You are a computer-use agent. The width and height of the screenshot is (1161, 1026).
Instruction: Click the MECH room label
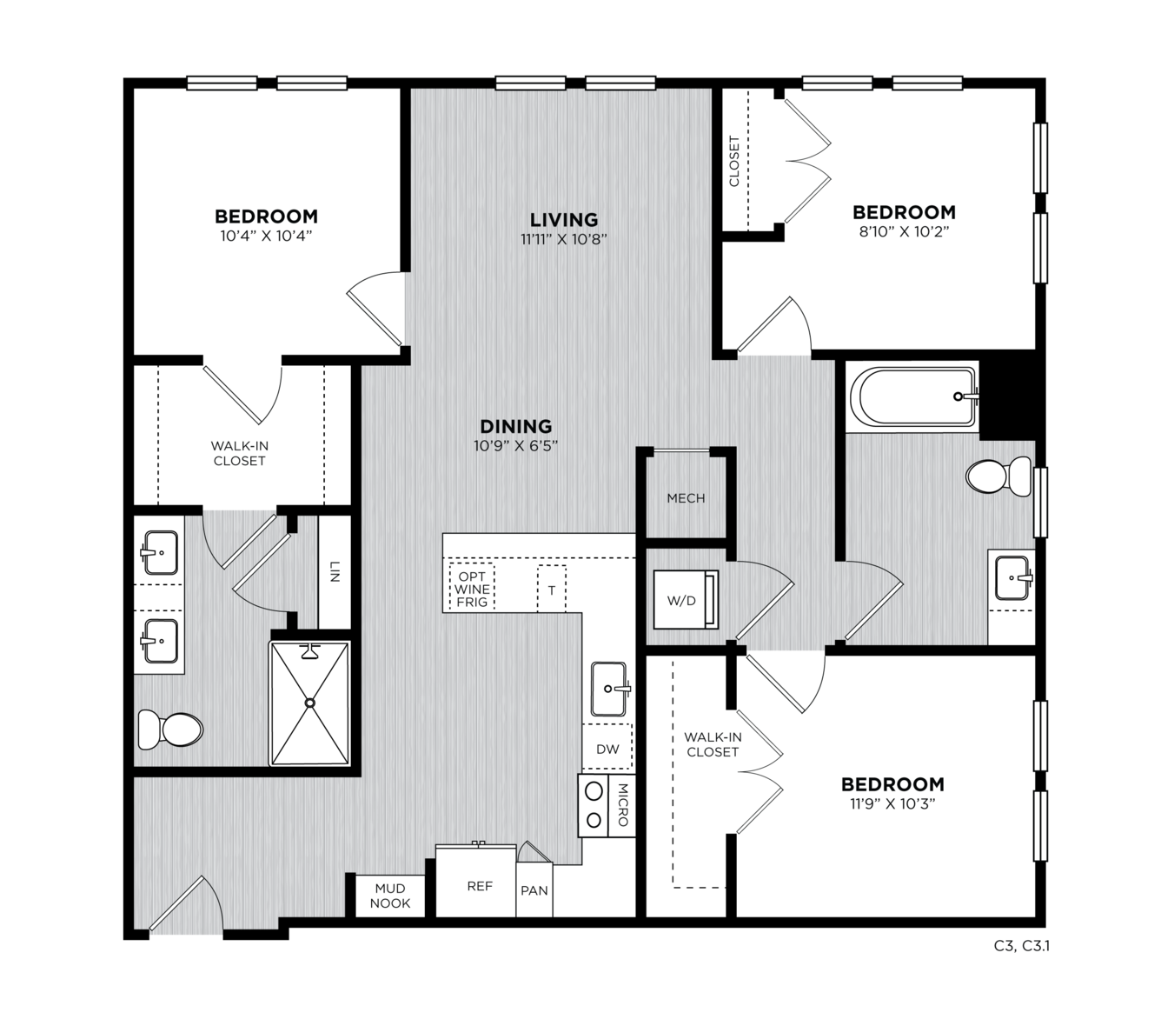coord(686,498)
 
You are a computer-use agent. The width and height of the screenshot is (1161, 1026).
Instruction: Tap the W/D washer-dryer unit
coord(686,599)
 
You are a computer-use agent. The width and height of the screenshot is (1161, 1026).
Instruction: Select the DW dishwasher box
coord(607,749)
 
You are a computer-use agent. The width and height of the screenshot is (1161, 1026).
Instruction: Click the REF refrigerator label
coord(480,886)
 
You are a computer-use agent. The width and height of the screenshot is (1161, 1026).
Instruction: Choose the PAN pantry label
coord(534,890)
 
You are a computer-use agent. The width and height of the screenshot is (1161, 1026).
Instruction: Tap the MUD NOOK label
coord(389,896)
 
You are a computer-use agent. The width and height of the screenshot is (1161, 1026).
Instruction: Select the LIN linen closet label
coord(335,571)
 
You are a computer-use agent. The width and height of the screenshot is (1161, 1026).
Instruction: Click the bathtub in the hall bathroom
coord(913,396)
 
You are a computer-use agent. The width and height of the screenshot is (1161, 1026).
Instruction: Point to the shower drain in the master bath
coord(310,702)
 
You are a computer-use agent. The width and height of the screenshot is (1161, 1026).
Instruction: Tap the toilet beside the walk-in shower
coord(171,730)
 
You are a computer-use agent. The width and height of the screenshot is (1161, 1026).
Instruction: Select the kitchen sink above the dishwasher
coord(608,689)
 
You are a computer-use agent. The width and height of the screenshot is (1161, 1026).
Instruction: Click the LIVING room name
coord(564,220)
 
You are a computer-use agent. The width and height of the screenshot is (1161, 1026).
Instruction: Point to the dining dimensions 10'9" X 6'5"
coord(515,445)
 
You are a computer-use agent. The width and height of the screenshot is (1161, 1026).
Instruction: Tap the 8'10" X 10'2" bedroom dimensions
coord(905,231)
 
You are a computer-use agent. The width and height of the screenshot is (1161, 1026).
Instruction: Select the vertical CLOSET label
coord(734,161)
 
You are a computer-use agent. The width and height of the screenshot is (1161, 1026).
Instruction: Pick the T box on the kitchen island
coord(552,590)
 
